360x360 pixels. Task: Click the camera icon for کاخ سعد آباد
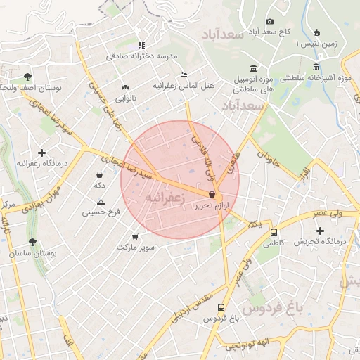[x=269, y=22]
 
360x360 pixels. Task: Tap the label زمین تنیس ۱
[x=316, y=44]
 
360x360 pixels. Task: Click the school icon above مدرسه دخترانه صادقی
[x=141, y=44]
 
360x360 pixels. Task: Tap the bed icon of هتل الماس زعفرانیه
[x=184, y=75]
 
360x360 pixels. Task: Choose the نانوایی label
[x=127, y=99]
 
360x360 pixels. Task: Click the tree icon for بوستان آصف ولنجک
[x=27, y=77]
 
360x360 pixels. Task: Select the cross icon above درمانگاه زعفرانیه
[x=41, y=153]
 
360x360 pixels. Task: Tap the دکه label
[x=99, y=185]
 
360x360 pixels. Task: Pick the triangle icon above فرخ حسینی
[x=101, y=202]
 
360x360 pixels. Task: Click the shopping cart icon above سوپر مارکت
[x=135, y=237]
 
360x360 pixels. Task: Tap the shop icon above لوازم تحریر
[x=212, y=195]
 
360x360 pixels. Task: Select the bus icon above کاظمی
[x=274, y=232]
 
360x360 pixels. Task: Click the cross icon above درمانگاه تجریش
[x=321, y=231]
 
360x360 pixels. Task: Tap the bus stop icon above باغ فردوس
[x=221, y=307]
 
